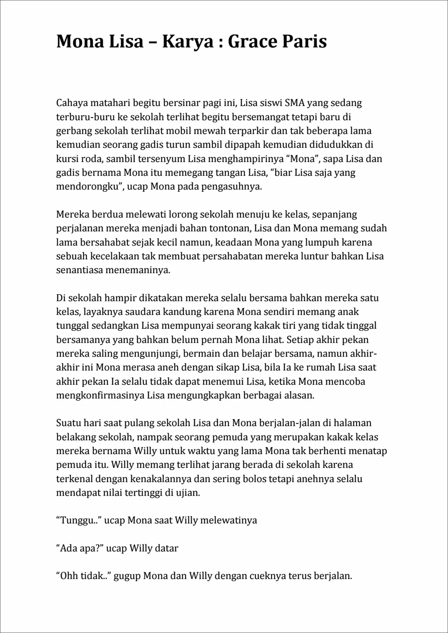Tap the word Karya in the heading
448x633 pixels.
(188, 42)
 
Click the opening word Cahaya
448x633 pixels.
(71, 103)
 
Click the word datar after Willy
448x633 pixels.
(166, 548)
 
